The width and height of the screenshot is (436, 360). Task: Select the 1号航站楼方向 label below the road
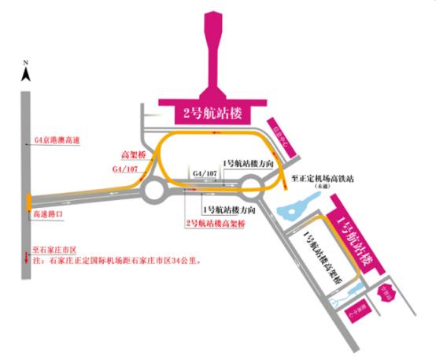pos(229,210)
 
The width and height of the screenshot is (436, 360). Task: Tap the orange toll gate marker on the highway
pos(28,201)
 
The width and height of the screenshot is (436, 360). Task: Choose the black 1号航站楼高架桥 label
pos(323,259)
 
